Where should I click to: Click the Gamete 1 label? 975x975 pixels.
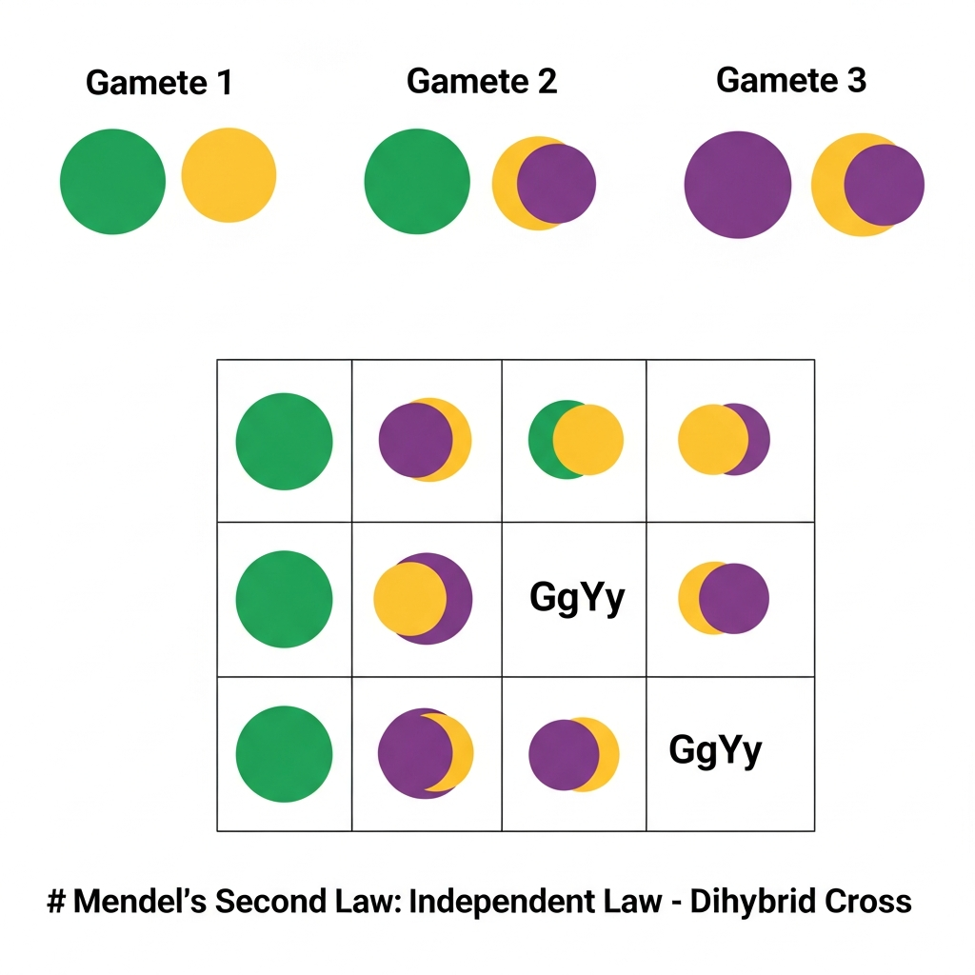159,83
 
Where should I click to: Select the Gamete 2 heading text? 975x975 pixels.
482,81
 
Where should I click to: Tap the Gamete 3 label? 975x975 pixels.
791,80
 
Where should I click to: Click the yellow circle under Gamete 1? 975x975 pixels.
229,175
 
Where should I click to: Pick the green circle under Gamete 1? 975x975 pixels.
112,181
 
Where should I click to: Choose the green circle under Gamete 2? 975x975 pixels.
417,181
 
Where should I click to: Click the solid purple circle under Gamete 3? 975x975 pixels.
738,185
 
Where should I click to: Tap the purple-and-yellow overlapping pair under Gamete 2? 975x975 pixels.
544,184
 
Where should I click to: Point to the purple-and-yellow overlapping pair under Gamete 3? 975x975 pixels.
867,185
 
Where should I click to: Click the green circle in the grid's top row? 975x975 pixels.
284,442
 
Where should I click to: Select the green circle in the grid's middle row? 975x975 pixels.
284,600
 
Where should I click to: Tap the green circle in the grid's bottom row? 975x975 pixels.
284,754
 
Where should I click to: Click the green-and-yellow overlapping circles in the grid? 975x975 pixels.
576,440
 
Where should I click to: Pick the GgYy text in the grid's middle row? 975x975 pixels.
577,598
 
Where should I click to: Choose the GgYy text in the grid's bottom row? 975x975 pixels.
716,750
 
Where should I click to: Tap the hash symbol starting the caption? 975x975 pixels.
55,901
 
